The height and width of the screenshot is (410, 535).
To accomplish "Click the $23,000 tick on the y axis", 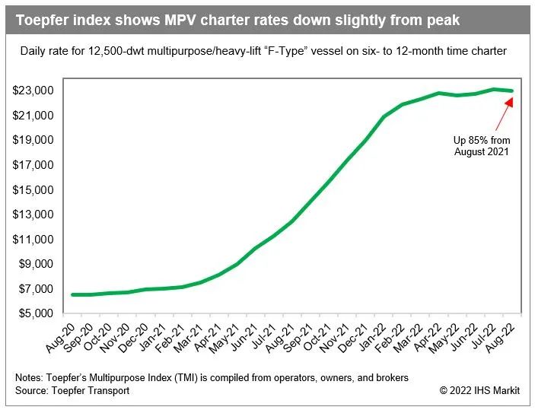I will (32, 91).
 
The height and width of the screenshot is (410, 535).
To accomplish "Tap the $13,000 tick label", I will (32, 215).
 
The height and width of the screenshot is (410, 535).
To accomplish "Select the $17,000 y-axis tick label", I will (32, 165).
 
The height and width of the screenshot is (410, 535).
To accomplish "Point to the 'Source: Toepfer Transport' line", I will (72, 390).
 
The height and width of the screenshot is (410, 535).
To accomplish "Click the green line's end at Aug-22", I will (511, 91).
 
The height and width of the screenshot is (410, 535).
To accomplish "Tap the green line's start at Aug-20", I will (72, 294).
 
